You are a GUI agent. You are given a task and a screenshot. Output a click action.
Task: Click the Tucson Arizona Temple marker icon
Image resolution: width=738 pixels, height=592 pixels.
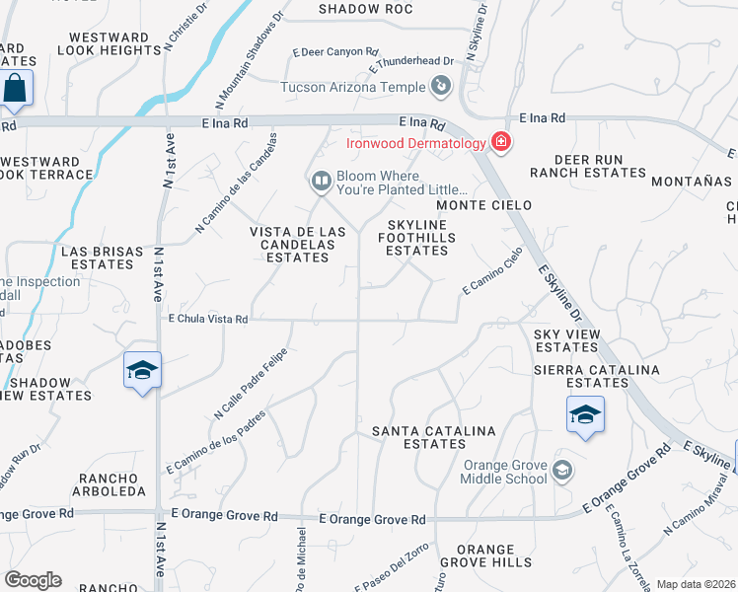pos(442,87)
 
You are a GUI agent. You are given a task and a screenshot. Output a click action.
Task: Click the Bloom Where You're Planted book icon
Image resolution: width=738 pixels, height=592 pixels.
pos(321,181)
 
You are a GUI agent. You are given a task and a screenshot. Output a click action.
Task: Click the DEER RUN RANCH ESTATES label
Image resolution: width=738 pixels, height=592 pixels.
pos(587,166)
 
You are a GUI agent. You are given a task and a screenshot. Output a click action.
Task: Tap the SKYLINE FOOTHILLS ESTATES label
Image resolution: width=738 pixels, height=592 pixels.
pos(416,238)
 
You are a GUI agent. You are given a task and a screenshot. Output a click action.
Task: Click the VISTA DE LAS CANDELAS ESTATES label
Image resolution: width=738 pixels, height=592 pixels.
pos(298,245)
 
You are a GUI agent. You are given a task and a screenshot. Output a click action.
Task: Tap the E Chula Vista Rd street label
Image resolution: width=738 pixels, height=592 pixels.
pos(208,319)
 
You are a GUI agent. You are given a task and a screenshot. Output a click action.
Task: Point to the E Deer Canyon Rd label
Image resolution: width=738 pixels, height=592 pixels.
pos(335,52)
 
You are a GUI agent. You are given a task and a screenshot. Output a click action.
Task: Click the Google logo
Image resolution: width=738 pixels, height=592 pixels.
pos(33,580)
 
